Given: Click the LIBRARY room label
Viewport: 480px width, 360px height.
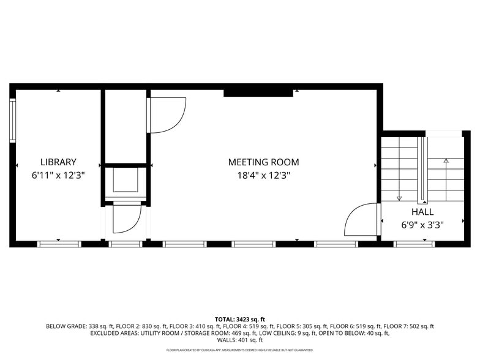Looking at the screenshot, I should pos(58,162).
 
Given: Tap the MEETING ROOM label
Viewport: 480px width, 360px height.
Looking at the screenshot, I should pos(263,162).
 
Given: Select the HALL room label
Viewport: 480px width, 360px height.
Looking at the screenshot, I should pos(422,212).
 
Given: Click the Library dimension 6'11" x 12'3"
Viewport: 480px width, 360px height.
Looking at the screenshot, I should pos(58,175).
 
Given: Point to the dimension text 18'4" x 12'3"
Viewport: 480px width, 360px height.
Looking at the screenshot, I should pos(263,175).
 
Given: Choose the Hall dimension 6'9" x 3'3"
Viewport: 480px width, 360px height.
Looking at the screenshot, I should pos(422,225).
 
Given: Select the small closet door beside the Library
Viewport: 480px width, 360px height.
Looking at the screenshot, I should pos(127,217).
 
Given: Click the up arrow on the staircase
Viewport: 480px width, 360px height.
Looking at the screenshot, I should pos(446,162).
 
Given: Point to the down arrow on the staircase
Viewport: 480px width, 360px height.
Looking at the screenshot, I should pos(399,197).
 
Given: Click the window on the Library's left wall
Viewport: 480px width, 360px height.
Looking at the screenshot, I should pos(12,121).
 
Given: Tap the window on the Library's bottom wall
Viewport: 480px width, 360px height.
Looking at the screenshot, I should pos(59,244).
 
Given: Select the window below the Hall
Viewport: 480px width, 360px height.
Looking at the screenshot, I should pos(414,244).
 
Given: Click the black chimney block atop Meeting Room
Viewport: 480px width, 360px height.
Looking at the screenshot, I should pos(258,92).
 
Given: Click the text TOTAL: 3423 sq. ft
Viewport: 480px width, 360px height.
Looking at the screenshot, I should pos(240,320).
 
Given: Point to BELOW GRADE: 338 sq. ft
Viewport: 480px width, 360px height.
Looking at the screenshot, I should pos(77,327).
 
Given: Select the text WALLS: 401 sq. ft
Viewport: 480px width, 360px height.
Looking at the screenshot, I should pos(240,340).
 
